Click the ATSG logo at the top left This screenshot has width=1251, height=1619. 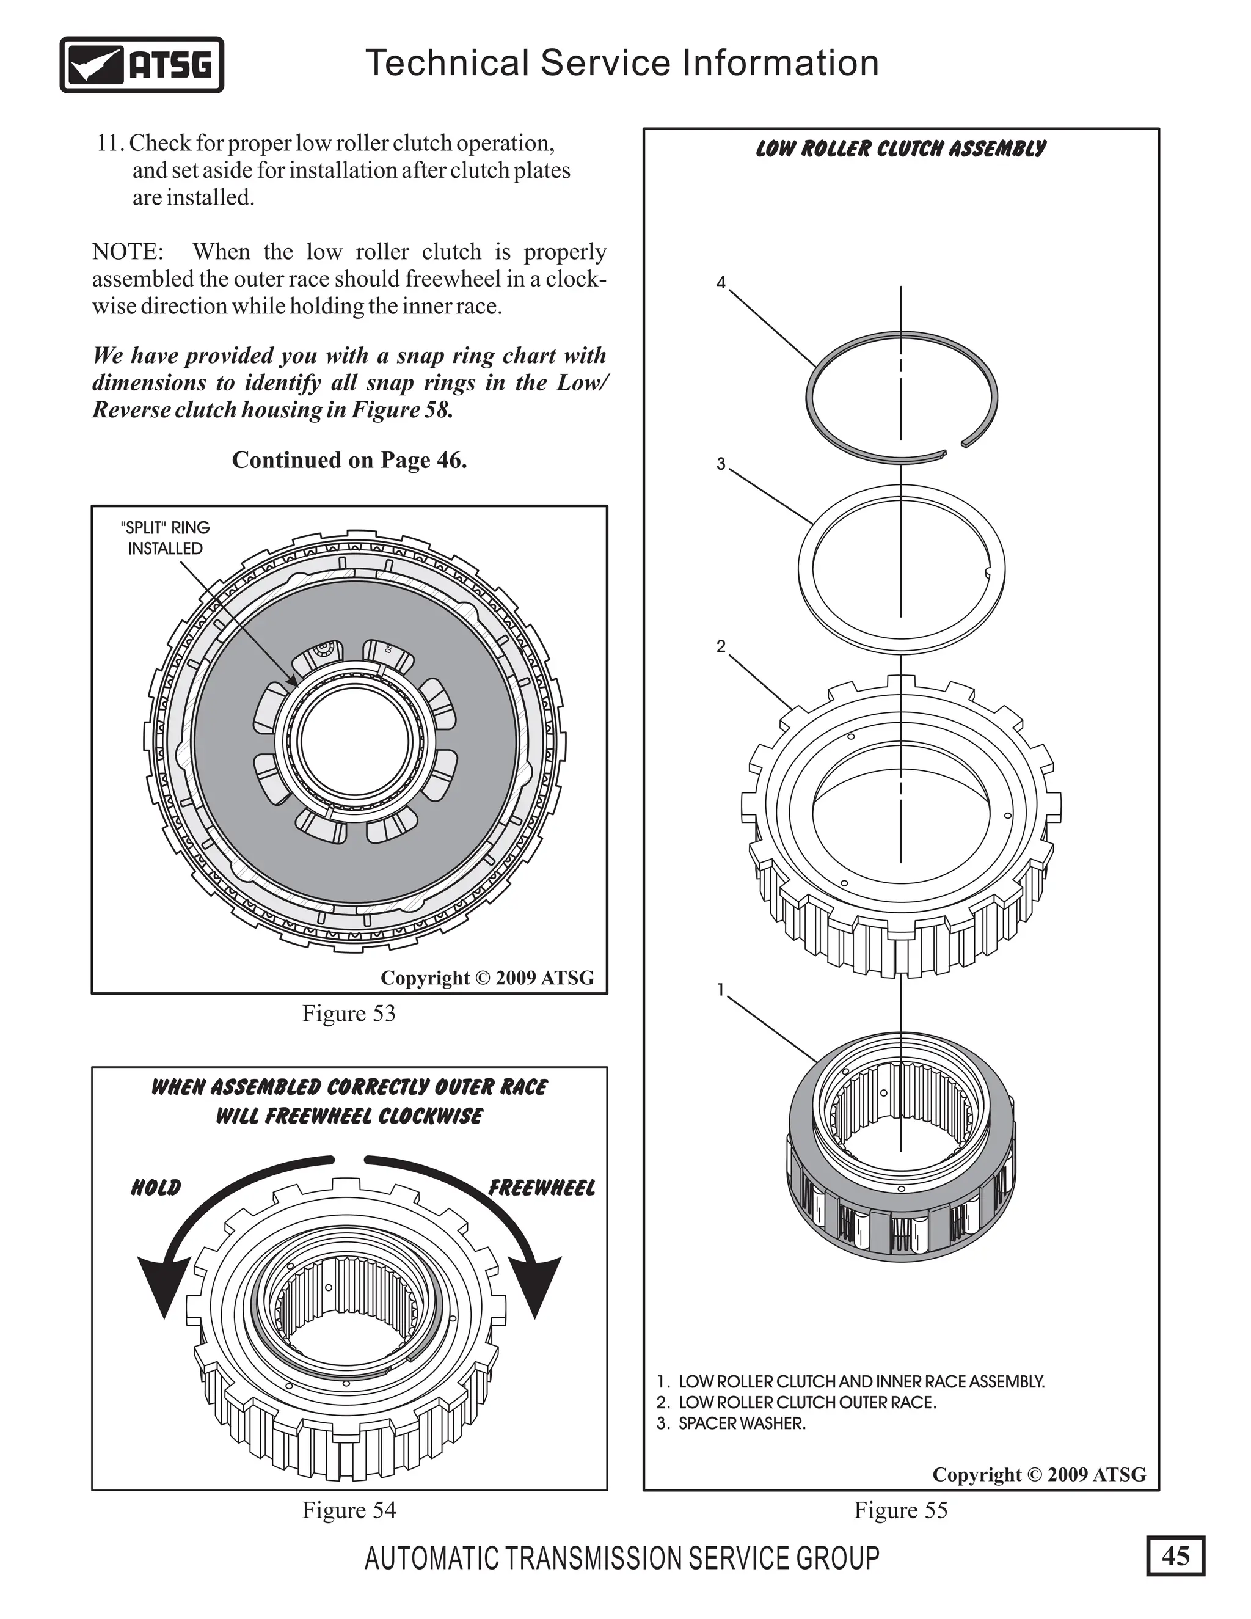click(x=141, y=65)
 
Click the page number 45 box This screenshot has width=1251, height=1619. click(x=1175, y=1555)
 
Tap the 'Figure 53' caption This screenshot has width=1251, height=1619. click(x=348, y=1014)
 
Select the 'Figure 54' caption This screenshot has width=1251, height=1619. click(x=348, y=1510)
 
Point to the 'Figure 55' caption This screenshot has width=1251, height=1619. click(x=900, y=1510)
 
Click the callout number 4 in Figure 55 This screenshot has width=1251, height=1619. click(x=721, y=282)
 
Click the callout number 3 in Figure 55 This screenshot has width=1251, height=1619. click(x=721, y=464)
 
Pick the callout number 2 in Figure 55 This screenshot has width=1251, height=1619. click(x=721, y=646)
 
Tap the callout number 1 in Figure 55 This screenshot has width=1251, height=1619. click(x=721, y=989)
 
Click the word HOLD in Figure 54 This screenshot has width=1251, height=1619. click(x=156, y=1188)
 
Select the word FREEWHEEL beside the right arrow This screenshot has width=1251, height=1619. click(x=542, y=1188)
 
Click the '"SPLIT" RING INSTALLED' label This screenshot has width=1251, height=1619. click(x=166, y=538)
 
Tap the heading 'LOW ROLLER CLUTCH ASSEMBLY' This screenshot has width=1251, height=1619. click(x=900, y=149)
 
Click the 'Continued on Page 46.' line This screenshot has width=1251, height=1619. click(x=349, y=461)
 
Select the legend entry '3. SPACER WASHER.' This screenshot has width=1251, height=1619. click(x=731, y=1423)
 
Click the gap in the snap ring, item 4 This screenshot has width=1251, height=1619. click(x=953, y=448)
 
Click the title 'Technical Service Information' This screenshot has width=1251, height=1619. click(x=622, y=63)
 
